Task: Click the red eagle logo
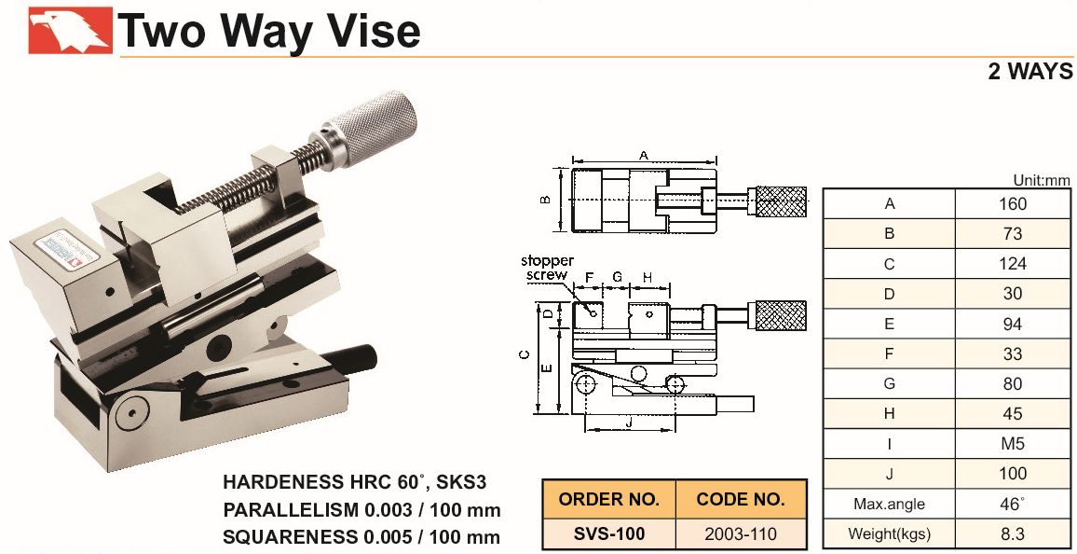coord(70,30)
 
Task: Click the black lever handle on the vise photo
coord(350,359)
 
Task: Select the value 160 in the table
coord(1013,204)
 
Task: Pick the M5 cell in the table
coord(1013,443)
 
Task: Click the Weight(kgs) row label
coord(889,533)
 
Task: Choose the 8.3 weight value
coord(1013,533)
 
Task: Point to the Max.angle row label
coord(889,504)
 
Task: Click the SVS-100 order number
coord(609,533)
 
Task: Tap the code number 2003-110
coord(741,533)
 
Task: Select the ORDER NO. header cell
coord(609,500)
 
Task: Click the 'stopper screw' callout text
coord(548,268)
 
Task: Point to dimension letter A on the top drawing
coord(644,156)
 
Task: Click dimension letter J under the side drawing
coord(629,422)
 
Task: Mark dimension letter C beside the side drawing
coord(525,354)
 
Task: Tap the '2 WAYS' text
coord(1030,72)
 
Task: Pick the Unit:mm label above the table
coord(1042,181)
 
